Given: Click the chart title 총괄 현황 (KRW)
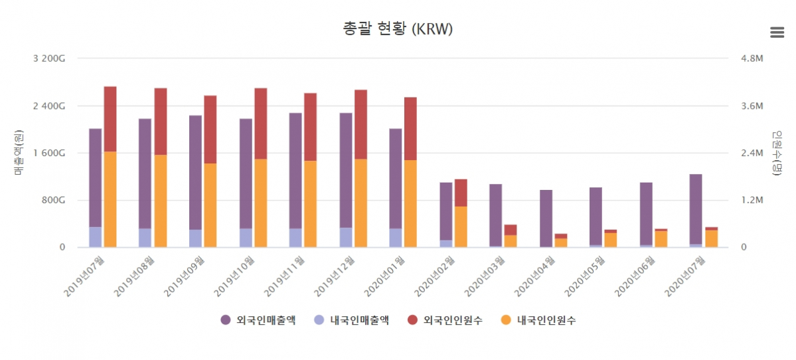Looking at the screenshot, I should click(398, 29).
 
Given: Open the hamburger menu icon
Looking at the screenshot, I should click(777, 32).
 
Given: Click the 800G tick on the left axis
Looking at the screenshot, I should click(52, 200).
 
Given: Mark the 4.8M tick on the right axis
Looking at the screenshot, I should click(752, 58).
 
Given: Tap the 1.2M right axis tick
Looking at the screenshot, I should click(752, 200).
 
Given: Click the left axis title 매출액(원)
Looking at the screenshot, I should click(18, 153).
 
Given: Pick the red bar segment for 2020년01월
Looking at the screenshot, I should click(410, 128).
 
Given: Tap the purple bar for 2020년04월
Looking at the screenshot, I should click(546, 219).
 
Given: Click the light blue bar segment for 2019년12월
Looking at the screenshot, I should click(346, 237).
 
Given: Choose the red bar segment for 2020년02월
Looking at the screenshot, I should click(461, 193).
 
